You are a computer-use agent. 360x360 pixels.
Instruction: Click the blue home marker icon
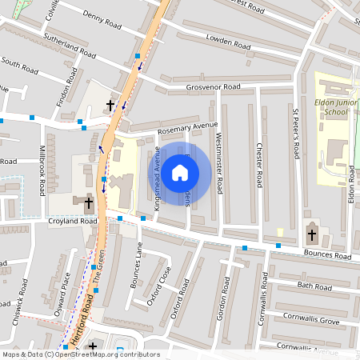[x=181, y=172]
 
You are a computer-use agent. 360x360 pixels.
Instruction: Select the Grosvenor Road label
[x=214, y=86]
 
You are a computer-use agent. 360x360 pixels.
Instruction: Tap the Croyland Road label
[x=72, y=221]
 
